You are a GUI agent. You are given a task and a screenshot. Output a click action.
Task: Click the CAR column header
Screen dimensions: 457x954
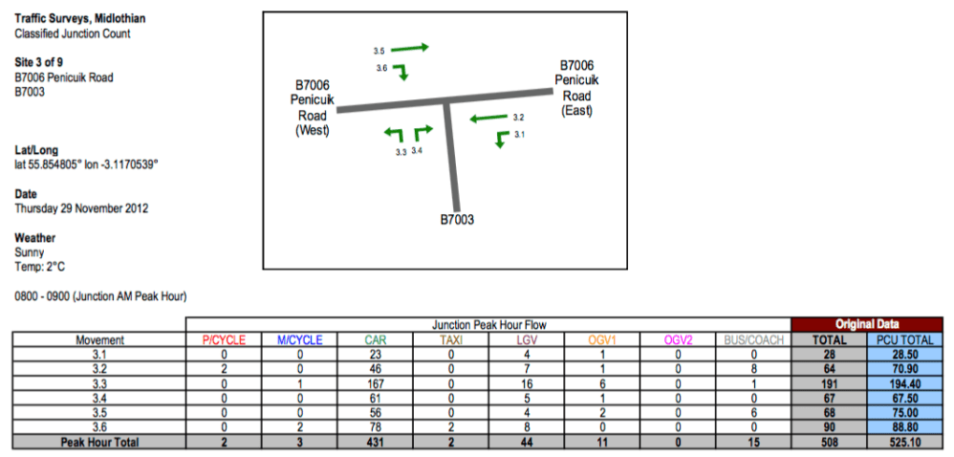(375, 339)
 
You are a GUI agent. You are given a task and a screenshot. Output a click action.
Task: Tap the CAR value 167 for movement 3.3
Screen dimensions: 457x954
(375, 381)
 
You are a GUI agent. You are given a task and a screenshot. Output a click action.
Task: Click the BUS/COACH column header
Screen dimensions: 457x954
(753, 339)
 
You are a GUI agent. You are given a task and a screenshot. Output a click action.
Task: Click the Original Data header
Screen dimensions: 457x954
(867, 324)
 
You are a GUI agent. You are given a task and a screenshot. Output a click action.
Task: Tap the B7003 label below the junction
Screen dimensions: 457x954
(457, 219)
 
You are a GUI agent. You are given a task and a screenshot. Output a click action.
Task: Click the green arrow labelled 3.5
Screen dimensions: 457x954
(411, 47)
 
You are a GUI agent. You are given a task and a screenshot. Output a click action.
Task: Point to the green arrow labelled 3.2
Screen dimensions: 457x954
(489, 119)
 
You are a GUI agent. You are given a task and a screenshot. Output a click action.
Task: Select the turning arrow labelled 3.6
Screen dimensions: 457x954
(402, 71)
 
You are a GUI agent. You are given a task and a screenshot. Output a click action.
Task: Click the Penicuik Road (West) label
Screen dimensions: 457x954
(312, 107)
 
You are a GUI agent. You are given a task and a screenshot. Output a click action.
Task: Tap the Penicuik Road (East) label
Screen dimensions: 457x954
(576, 88)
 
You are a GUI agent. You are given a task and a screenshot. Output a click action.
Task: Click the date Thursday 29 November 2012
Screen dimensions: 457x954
(81, 207)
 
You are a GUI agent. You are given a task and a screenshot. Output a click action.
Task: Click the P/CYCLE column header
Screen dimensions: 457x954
(223, 339)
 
